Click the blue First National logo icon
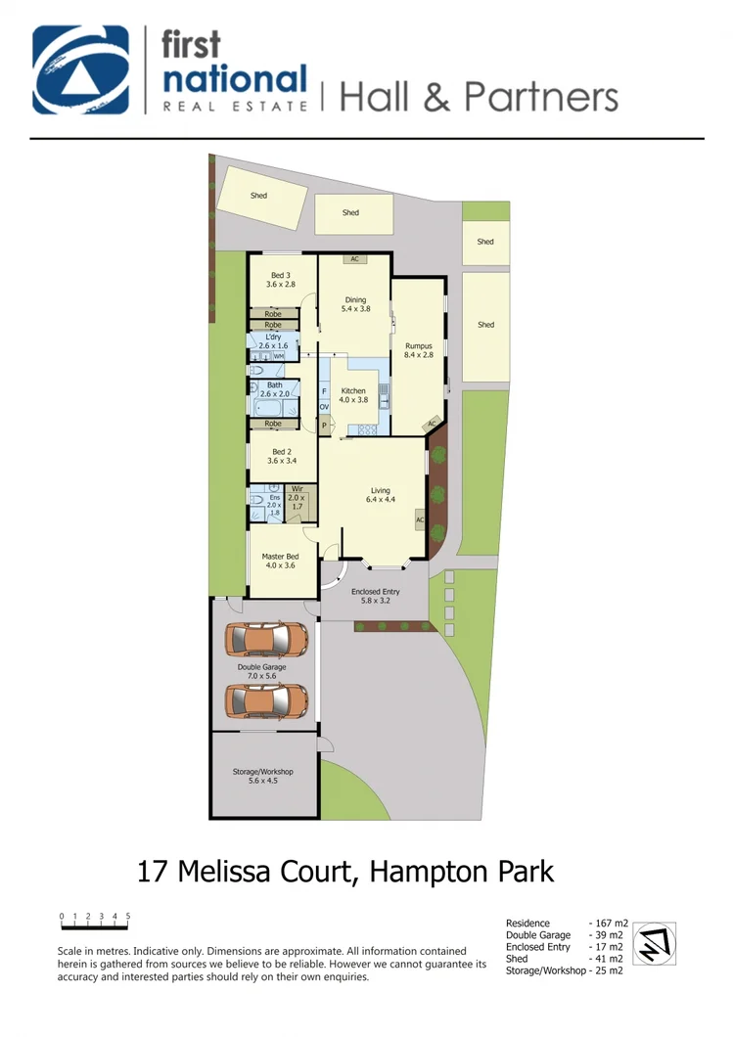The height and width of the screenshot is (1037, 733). tap(81, 70)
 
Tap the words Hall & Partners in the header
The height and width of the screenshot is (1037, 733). tap(478, 97)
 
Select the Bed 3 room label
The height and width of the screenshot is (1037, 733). tap(281, 280)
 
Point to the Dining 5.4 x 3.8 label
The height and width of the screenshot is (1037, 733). tap(354, 304)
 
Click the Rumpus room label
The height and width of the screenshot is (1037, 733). tap(418, 350)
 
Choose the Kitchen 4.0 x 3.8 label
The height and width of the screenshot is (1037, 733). tap(352, 394)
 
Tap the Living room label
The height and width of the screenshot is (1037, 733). tap(380, 495)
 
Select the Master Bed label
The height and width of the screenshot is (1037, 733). tap(278, 561)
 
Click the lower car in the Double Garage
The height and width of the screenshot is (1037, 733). tap(266, 700)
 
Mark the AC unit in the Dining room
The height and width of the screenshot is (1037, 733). tap(354, 259)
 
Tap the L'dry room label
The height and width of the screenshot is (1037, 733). tap(273, 341)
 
